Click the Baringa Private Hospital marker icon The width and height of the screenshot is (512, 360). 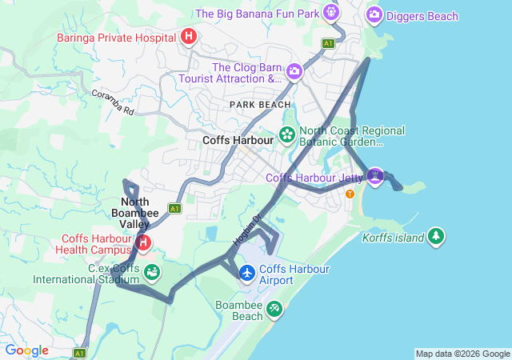click(189, 36)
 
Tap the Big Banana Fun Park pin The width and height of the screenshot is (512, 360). click(331, 13)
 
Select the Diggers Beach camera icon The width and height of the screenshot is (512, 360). click(374, 15)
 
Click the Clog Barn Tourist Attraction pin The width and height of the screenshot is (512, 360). click(294, 73)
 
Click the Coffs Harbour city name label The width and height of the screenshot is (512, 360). click(238, 139)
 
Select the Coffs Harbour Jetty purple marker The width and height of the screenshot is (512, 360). click(375, 175)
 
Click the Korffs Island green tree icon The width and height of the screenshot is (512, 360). click(435, 236)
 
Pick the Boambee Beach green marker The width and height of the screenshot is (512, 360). click(274, 308)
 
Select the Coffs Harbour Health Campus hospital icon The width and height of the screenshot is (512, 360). click(143, 242)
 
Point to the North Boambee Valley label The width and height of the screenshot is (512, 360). click(142, 214)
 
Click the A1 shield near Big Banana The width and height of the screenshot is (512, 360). click(328, 42)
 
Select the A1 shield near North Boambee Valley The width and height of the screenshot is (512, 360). click(174, 208)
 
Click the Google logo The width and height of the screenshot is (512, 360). click(26, 350)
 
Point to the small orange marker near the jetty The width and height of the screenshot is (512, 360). click(349, 194)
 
